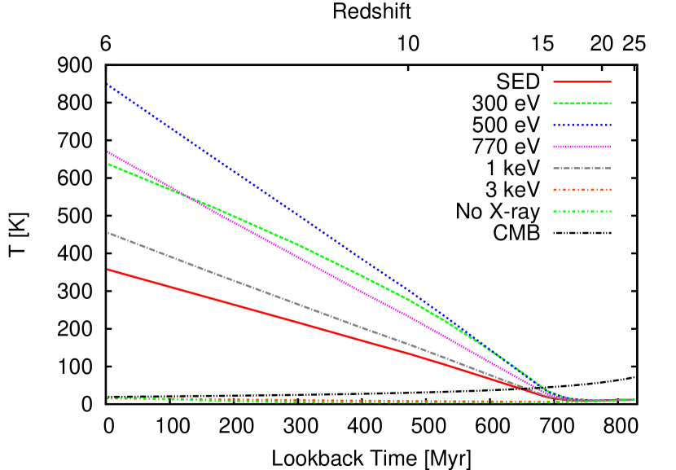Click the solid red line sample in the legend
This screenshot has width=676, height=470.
[582, 81]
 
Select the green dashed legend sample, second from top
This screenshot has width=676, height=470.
[582, 103]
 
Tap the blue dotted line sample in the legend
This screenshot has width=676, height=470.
[582, 125]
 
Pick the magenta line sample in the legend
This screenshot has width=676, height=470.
[582, 147]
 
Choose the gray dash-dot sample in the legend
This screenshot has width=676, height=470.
[582, 169]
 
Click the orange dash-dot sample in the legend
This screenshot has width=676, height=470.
[582, 190]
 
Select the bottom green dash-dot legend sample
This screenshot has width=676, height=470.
[582, 212]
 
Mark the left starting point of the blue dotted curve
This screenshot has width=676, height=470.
[108, 84]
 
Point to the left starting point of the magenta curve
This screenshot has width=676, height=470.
[108, 152]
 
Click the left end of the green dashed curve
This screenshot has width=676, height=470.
[108, 165]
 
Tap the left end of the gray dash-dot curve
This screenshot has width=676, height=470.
[108, 233]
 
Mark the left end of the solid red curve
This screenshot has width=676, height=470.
[108, 270]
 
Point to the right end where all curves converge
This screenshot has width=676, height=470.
[633, 399]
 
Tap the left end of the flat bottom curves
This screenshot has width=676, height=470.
[108, 398]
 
